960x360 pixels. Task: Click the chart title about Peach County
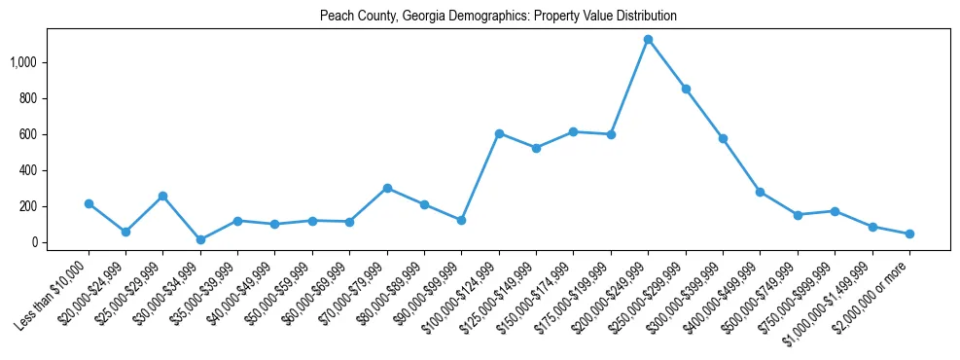(x=498, y=17)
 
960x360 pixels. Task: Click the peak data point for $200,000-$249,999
(x=648, y=40)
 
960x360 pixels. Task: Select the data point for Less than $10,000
(x=89, y=203)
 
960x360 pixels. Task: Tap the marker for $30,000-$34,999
(x=200, y=239)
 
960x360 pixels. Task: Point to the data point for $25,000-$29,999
(x=163, y=196)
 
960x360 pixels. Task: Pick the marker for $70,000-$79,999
(x=387, y=188)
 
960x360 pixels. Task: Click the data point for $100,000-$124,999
(x=499, y=133)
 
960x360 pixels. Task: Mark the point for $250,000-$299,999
(x=686, y=89)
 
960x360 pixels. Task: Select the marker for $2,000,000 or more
(x=909, y=234)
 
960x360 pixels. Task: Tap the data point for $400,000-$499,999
(x=760, y=192)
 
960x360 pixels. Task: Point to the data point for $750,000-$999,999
(x=835, y=211)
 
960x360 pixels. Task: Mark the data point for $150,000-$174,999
(x=574, y=131)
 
